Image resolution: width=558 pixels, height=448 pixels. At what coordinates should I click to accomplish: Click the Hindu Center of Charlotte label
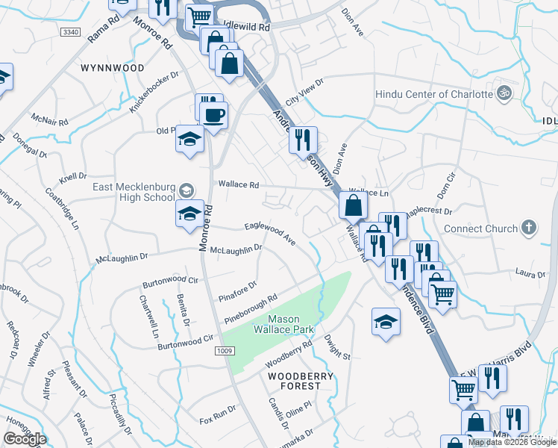433,94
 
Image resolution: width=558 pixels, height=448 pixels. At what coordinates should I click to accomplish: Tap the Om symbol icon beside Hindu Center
504,93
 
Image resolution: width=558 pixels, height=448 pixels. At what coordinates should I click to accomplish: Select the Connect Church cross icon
528,228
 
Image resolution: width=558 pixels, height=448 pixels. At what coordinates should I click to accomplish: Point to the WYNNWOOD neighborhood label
112,68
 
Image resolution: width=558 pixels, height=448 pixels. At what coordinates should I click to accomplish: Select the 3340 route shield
71,32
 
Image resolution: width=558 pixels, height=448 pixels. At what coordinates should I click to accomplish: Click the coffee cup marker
215,115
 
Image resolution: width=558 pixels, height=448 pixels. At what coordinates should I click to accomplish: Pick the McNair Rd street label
50,120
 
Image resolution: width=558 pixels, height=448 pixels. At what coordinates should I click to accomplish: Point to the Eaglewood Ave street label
271,232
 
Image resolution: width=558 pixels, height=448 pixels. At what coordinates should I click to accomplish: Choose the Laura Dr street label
531,275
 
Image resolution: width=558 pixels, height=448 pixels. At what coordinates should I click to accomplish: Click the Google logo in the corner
25,439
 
